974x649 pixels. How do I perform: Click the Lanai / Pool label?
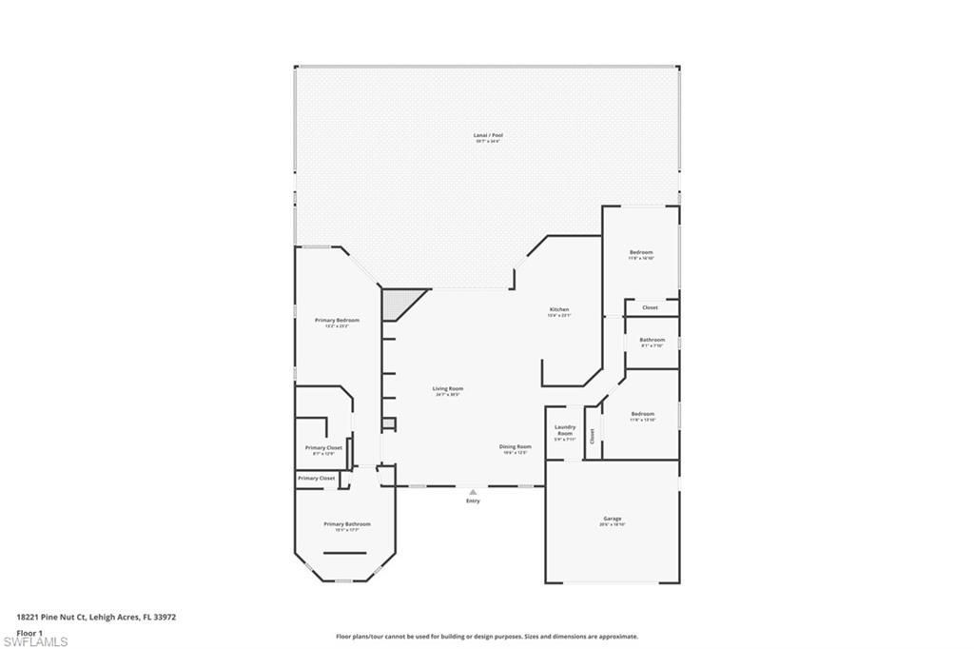488,136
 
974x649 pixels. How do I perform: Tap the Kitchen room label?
559,310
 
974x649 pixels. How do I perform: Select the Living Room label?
448,389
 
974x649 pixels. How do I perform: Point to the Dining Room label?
516,446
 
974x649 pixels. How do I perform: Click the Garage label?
612,519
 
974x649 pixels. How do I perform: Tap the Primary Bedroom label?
337,321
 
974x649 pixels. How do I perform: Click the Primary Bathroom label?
346,524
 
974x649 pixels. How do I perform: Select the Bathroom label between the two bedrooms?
652,340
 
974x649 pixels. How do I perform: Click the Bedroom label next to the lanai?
641,252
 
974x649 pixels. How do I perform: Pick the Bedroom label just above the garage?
642,414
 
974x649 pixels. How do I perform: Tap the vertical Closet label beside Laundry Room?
592,436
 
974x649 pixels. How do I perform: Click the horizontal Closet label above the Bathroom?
650,307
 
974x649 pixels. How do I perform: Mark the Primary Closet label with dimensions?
323,448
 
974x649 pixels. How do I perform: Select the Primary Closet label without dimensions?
316,478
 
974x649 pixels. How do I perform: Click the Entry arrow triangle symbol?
473,492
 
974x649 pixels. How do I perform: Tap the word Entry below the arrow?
473,501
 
